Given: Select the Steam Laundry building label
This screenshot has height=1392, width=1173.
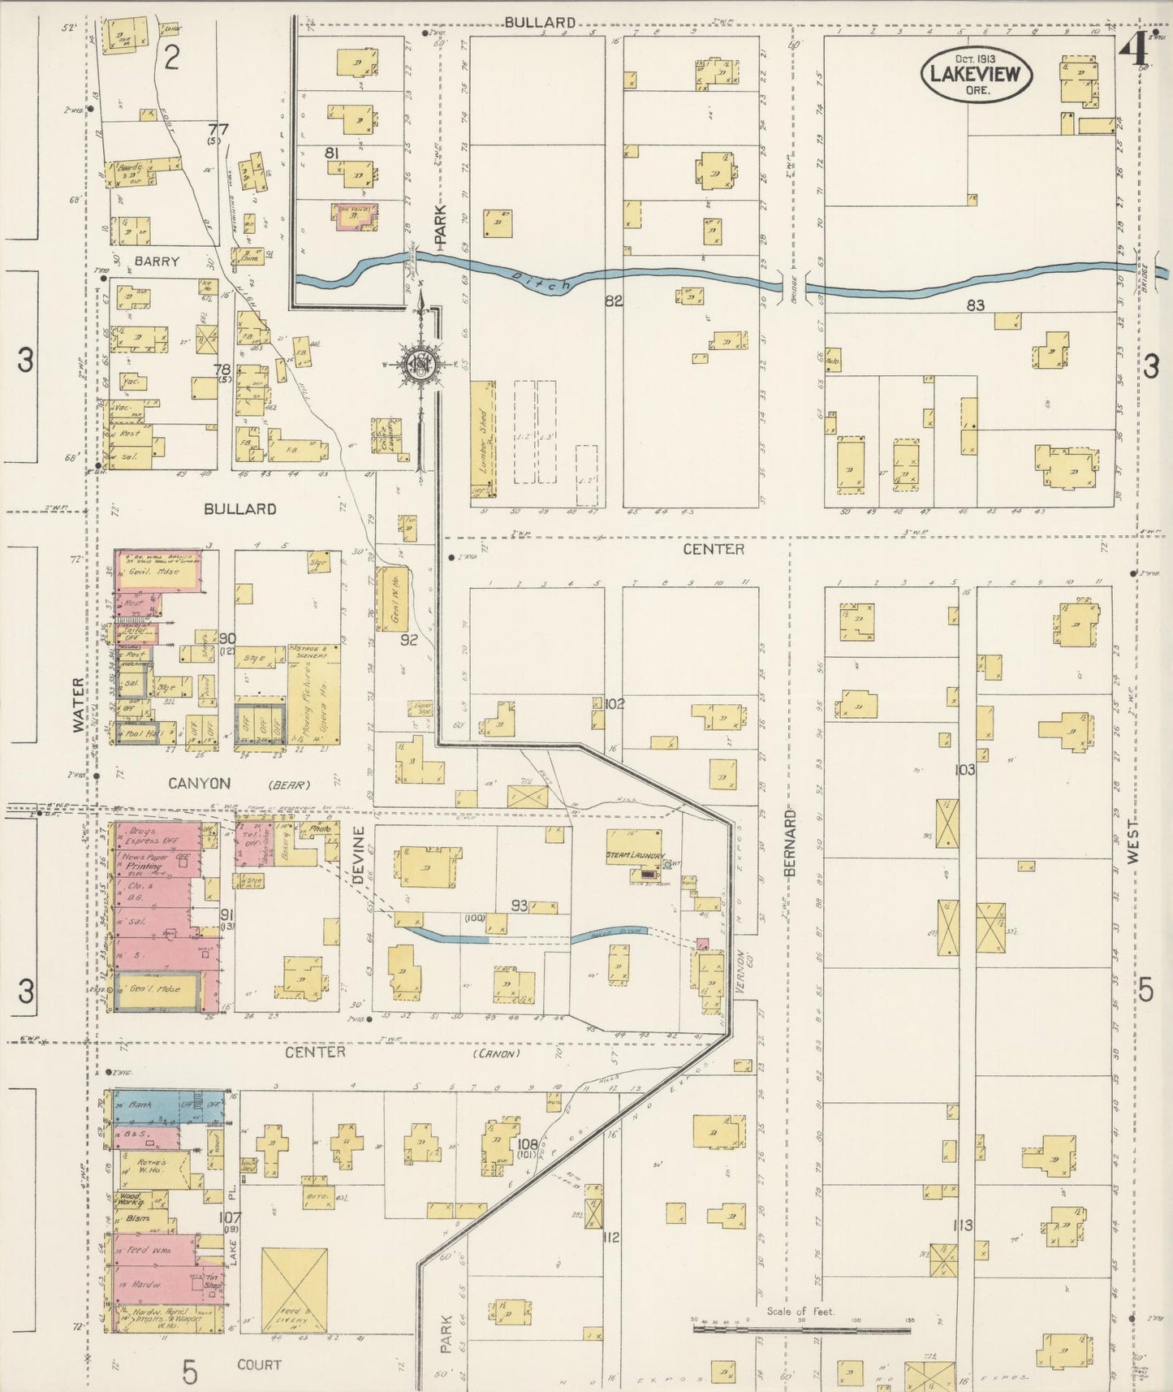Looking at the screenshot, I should click(635, 857).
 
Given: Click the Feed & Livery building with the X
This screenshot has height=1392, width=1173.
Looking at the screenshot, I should click(294, 1291).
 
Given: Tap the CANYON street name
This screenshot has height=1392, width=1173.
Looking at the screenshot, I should click(199, 784).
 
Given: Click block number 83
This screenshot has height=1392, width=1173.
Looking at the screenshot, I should click(975, 305).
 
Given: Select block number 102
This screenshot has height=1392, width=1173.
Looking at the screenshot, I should click(615, 704).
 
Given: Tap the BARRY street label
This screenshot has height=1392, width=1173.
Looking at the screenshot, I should click(157, 262).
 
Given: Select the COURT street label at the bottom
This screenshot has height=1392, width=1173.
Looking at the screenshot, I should click(259, 1365).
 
